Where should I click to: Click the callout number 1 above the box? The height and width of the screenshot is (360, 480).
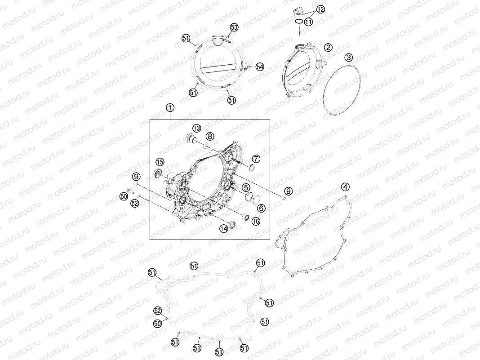[x=170, y=107]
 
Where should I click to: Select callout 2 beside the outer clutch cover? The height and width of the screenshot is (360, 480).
[x=329, y=47]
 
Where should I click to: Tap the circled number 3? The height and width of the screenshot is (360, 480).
[x=349, y=57]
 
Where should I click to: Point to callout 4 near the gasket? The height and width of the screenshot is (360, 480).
[x=345, y=187]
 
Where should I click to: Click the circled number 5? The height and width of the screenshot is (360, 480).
[x=246, y=187]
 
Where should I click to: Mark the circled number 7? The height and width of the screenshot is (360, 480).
[x=256, y=159]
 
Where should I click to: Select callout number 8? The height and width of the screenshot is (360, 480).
[x=209, y=136]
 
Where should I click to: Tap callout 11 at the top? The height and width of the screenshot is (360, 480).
[x=308, y=22]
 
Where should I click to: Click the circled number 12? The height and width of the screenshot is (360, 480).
[x=320, y=9]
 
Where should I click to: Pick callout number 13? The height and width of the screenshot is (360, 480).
[x=197, y=128]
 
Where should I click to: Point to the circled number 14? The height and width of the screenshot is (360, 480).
[x=223, y=229]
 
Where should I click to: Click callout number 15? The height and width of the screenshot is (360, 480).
[x=160, y=162]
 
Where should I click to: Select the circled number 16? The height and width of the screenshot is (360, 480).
[x=255, y=221]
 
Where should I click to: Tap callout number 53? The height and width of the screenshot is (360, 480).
[x=234, y=27]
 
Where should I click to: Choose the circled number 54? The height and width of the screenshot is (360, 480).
[x=259, y=67]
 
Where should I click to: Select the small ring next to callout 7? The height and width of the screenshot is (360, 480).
[x=252, y=169]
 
